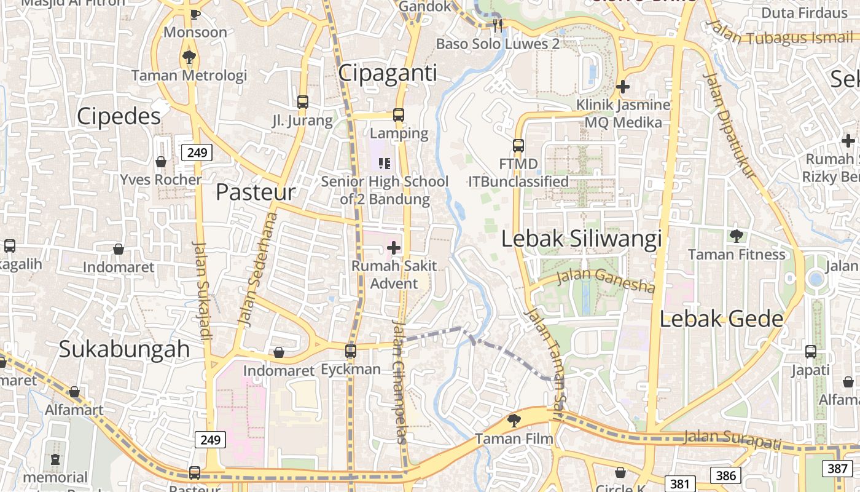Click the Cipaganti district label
coord(388,73)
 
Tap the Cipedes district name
coord(119,116)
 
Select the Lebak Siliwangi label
coord(581,239)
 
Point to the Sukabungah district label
coord(124,349)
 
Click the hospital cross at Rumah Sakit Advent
coord(394,248)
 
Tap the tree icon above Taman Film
coord(514,421)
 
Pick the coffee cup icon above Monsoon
coord(195,14)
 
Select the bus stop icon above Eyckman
coord(351,351)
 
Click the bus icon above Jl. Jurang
coord(302,101)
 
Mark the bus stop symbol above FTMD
coord(518,146)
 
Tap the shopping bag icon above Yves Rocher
coord(161,162)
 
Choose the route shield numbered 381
coord(680,483)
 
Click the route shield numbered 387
coord(837,468)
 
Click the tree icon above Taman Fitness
coord(736,236)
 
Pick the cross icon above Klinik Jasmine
coord(623,87)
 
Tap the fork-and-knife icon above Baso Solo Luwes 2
coord(498,26)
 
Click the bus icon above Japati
coord(811,352)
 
